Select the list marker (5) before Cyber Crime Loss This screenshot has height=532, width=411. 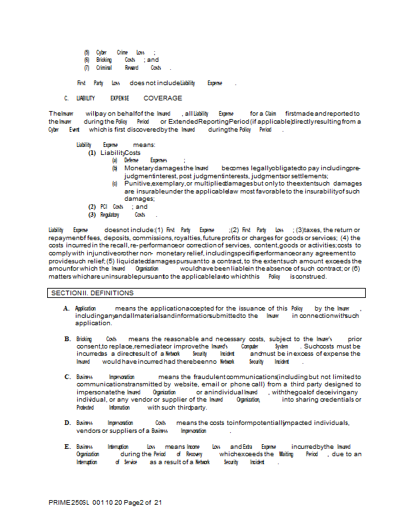pos(86,52)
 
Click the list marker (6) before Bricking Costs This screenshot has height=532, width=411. pos(86,60)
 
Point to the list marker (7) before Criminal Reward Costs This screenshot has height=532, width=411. pos(86,68)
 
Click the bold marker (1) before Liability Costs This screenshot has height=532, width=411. pos(92,153)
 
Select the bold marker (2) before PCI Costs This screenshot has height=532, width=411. pos(92,207)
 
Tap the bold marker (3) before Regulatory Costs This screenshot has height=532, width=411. pos(92,215)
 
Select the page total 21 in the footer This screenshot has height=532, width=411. pos(158,503)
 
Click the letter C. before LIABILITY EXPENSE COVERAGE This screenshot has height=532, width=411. pos(67,98)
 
